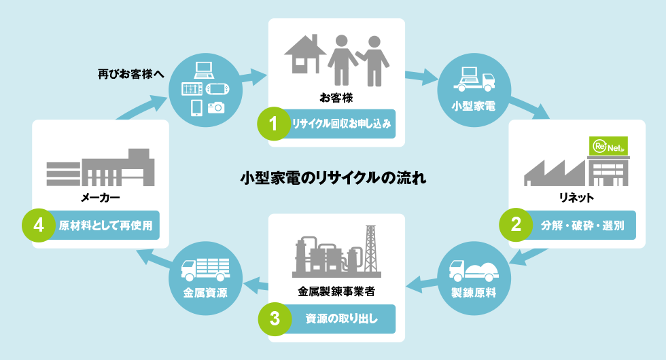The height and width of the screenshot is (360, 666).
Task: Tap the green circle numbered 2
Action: [x=516, y=225]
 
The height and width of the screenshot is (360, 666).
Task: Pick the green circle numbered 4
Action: [x=38, y=225]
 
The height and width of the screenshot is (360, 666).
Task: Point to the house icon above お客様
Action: [x=301, y=54]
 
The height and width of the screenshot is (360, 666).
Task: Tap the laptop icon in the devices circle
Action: [x=204, y=69]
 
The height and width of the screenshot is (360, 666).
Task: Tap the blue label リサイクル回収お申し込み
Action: [x=339, y=124]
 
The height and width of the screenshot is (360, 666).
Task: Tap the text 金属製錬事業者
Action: [x=336, y=291]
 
